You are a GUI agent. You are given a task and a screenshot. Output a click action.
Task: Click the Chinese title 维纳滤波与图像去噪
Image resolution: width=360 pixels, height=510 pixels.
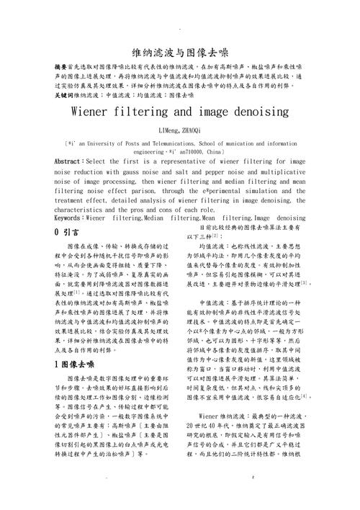click(180, 53)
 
